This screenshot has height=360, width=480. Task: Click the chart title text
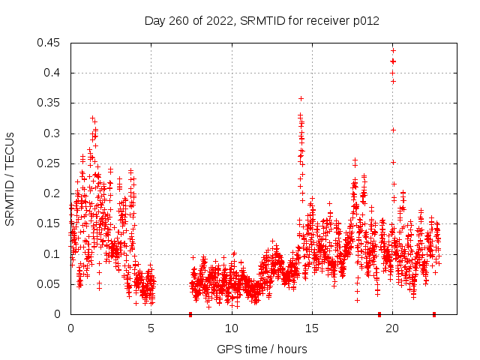pyautogui.click(x=262, y=20)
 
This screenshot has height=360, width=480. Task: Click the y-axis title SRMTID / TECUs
pyautogui.click(x=10, y=178)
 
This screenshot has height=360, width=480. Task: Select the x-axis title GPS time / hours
pyautogui.click(x=262, y=349)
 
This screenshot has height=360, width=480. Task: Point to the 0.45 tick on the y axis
pyautogui.click(x=49, y=43)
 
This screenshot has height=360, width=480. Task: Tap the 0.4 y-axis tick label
pyautogui.click(x=52, y=73)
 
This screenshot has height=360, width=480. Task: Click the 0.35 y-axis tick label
pyautogui.click(x=49, y=103)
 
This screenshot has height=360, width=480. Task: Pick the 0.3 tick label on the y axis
pyautogui.click(x=52, y=133)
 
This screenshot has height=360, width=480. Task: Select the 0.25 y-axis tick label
pyautogui.click(x=49, y=163)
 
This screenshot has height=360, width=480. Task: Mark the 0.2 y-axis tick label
pyautogui.click(x=52, y=193)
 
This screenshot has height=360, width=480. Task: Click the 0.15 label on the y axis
pyautogui.click(x=49, y=223)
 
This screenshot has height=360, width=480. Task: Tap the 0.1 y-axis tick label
pyautogui.click(x=52, y=254)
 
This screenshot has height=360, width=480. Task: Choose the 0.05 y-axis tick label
pyautogui.click(x=49, y=284)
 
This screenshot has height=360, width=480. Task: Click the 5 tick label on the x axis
pyautogui.click(x=151, y=328)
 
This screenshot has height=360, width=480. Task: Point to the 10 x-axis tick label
pyautogui.click(x=231, y=328)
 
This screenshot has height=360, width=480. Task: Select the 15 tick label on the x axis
pyautogui.click(x=311, y=328)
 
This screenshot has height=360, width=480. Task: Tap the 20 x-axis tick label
pyautogui.click(x=391, y=328)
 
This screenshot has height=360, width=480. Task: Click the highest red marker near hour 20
pyautogui.click(x=393, y=51)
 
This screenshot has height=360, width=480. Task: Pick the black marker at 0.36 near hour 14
pyautogui.click(x=301, y=98)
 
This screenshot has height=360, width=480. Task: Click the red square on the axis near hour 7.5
pyautogui.click(x=190, y=314)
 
